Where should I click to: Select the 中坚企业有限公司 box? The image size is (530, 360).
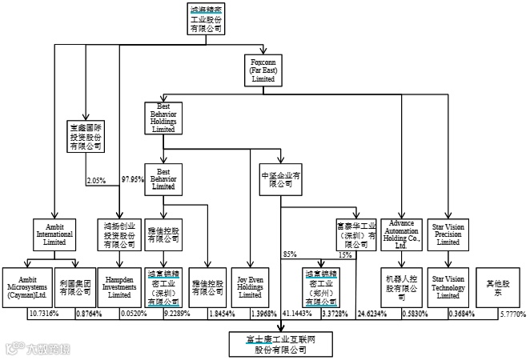[x=280, y=178]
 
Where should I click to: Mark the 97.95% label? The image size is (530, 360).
[x=132, y=178]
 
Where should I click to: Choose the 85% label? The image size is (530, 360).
[x=289, y=254]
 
